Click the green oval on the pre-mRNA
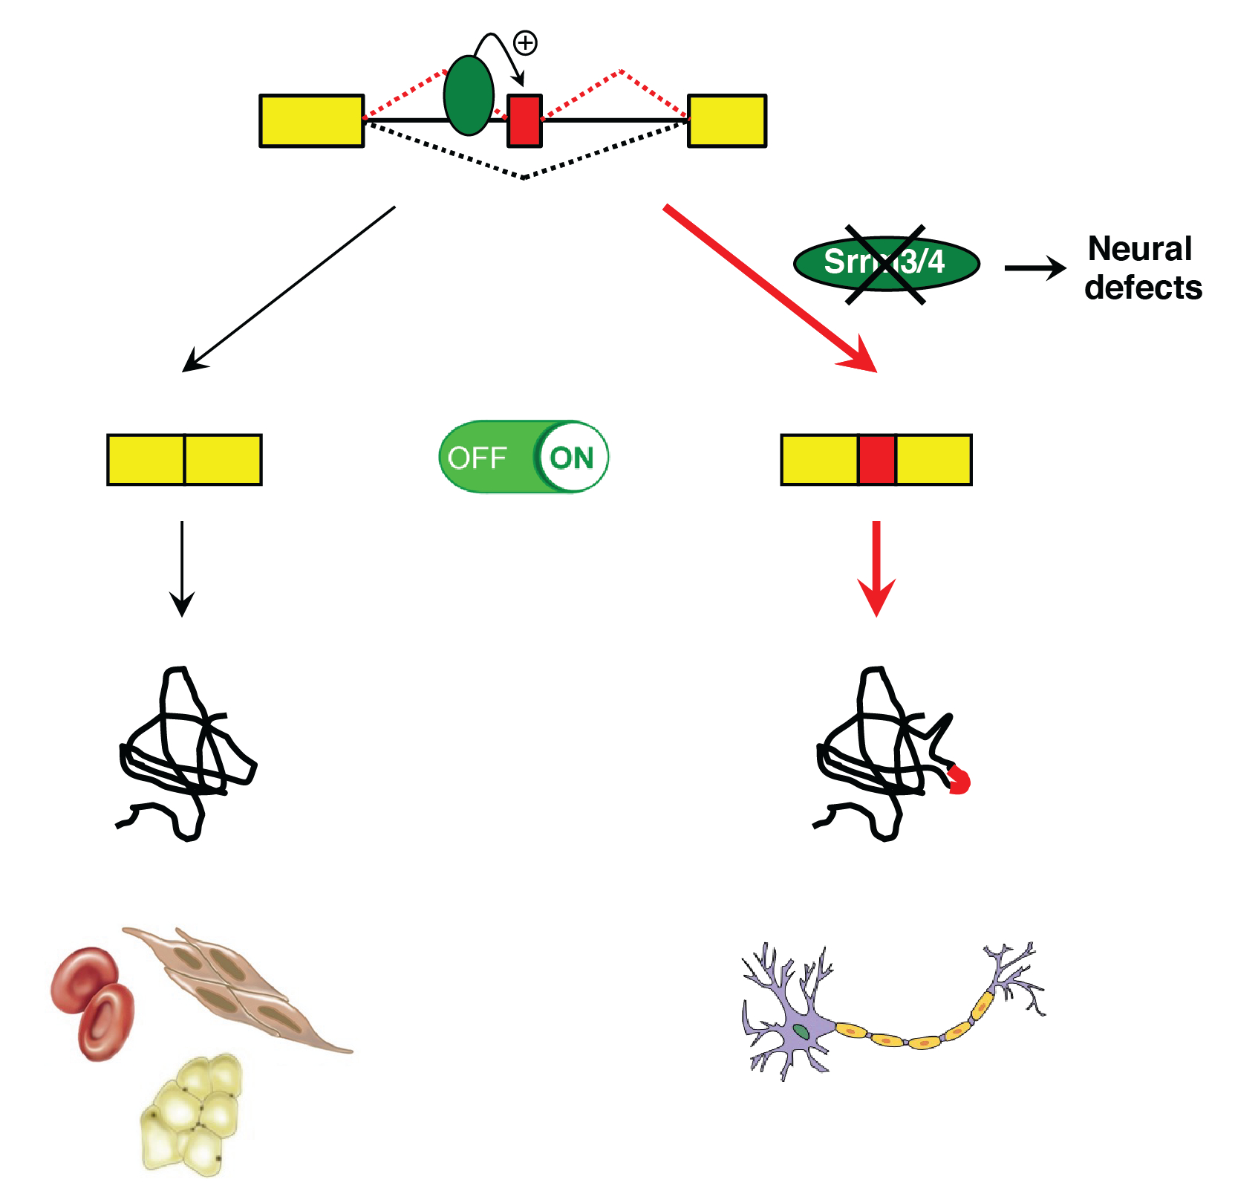tap(469, 95)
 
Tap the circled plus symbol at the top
tap(526, 43)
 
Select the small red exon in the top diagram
tap(524, 120)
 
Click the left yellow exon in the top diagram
tap(311, 120)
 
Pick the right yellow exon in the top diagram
tap(726, 120)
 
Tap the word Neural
tap(1139, 249)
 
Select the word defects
tap(1143, 288)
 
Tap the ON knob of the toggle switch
tap(572, 458)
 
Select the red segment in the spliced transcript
tap(876, 460)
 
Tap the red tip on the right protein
tap(959, 780)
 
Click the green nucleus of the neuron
tap(801, 1031)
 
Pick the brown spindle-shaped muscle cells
tap(238, 988)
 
